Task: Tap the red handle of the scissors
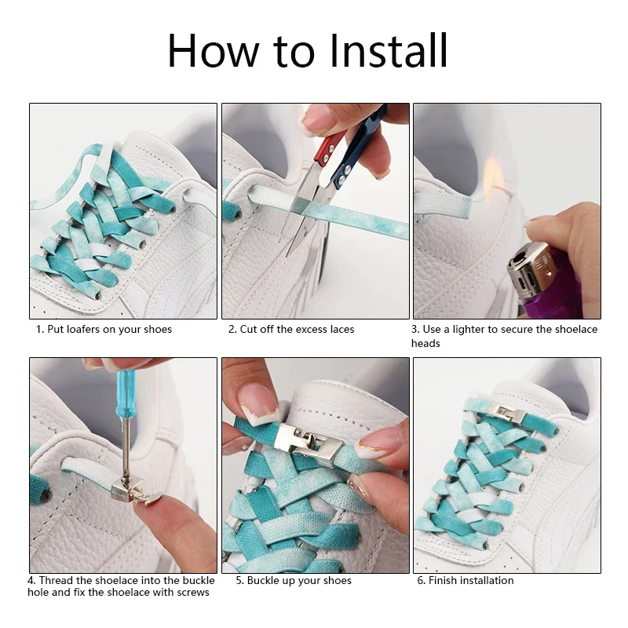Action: (x=327, y=148)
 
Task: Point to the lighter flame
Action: (x=493, y=172)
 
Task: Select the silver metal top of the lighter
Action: (x=529, y=269)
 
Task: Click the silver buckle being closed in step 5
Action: (x=309, y=440)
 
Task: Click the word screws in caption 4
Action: (x=194, y=593)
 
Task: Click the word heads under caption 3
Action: (x=425, y=343)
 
